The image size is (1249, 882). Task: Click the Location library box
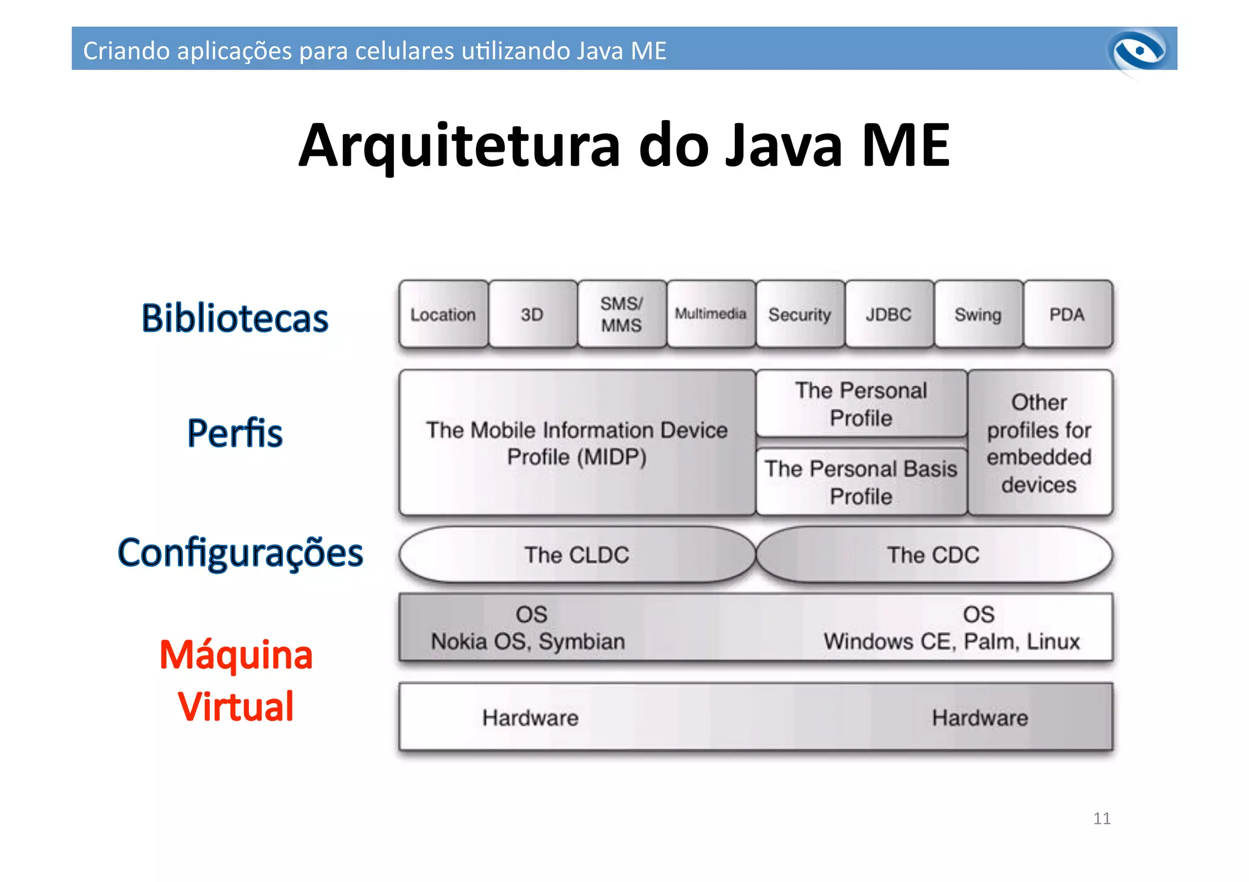[x=443, y=315]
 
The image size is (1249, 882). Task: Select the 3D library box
[x=532, y=315]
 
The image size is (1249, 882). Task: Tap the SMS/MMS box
[x=621, y=315]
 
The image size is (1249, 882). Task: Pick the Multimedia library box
[x=710, y=314]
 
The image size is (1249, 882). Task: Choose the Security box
[x=800, y=315]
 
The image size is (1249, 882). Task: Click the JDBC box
[x=889, y=315]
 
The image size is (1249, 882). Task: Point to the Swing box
[x=978, y=315]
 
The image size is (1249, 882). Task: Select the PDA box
[x=1067, y=315]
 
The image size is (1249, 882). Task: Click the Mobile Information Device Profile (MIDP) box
[x=577, y=443]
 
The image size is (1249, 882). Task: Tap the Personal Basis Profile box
[x=861, y=482]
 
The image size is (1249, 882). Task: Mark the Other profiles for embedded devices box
[x=1039, y=443]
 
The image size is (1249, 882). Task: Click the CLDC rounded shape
[x=577, y=555]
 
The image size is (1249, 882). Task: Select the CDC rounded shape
[x=933, y=555]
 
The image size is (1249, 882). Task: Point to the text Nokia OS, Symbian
[x=528, y=641]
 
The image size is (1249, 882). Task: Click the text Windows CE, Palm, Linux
[x=951, y=641]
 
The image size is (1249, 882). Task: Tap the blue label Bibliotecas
[x=235, y=318]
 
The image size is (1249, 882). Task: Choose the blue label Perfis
[x=235, y=433]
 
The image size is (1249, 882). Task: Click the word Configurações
[x=240, y=553]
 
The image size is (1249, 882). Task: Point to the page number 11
[x=1101, y=818]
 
